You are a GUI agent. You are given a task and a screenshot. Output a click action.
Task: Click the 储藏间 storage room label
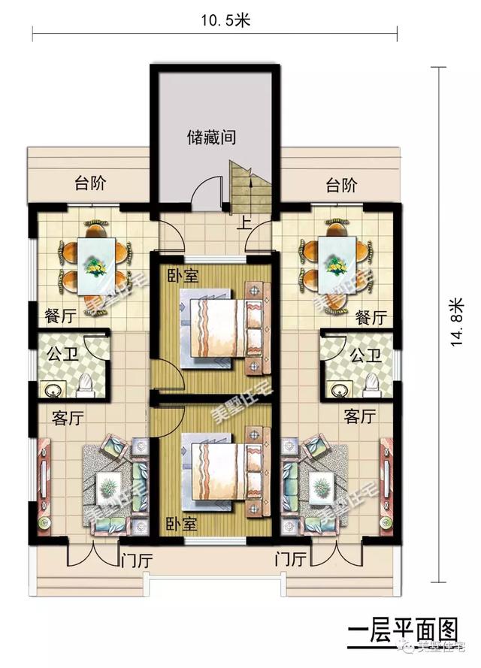212,138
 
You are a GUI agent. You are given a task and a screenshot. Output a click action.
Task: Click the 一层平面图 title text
404,629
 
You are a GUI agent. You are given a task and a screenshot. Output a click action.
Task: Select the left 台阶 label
89,185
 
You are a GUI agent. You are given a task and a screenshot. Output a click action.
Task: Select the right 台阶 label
341,185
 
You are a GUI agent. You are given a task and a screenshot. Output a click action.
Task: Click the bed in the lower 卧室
217,471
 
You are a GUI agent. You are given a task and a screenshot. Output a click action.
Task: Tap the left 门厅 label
135,559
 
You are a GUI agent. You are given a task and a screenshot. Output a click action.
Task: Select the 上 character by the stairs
244,223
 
